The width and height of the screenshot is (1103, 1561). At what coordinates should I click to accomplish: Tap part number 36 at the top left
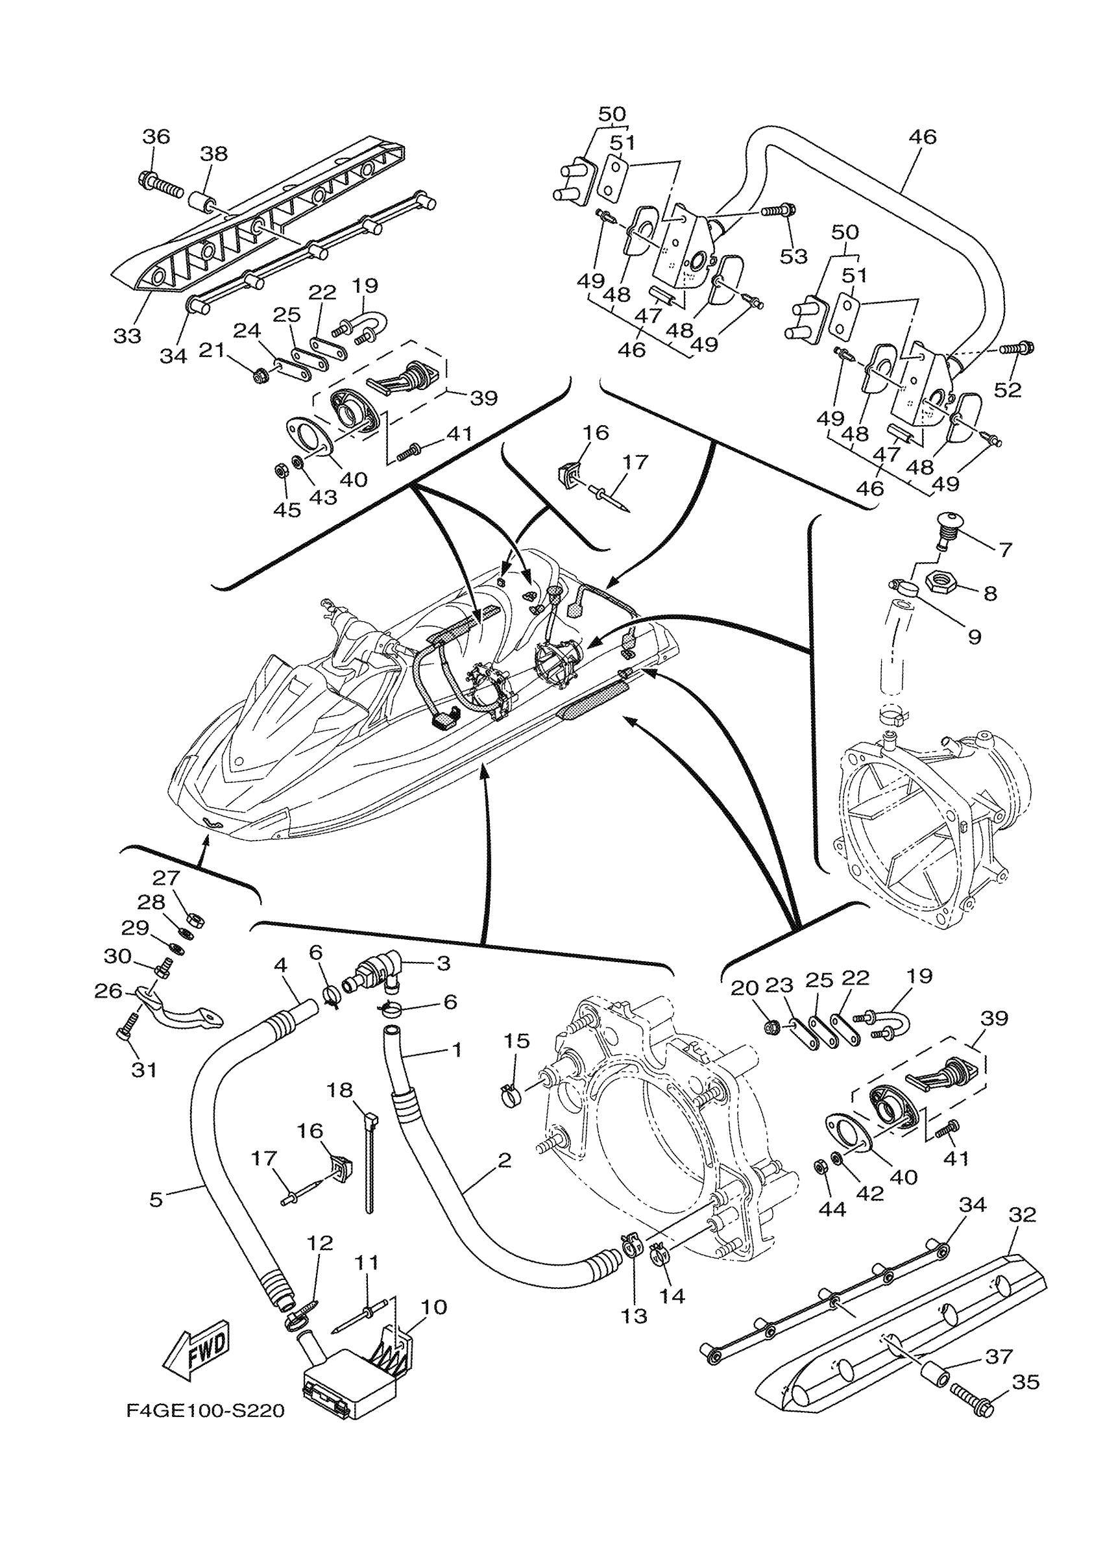point(156,137)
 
